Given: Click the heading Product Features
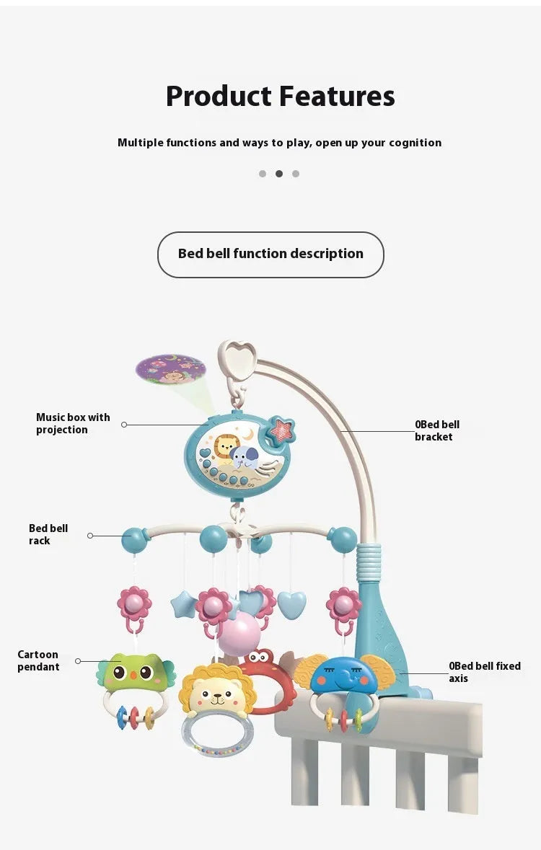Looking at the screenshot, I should [280, 97].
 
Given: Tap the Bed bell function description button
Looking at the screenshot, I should [270, 254].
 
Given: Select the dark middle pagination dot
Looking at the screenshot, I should [279, 174].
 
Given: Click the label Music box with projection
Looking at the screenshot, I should [73, 424].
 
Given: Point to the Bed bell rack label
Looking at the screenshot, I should [48, 534].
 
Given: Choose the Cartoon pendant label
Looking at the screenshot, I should [38, 660].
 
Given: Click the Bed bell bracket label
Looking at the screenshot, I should [436, 430].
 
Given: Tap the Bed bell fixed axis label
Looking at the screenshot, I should [484, 672].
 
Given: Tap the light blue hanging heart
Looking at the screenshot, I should [291, 604].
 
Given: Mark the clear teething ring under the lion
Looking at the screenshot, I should [217, 735].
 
